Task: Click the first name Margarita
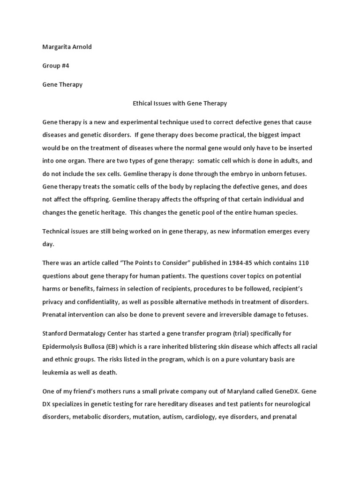(x=57, y=47)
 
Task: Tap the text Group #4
(x=56, y=66)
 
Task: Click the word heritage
(x=111, y=212)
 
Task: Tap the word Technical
(x=57, y=232)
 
